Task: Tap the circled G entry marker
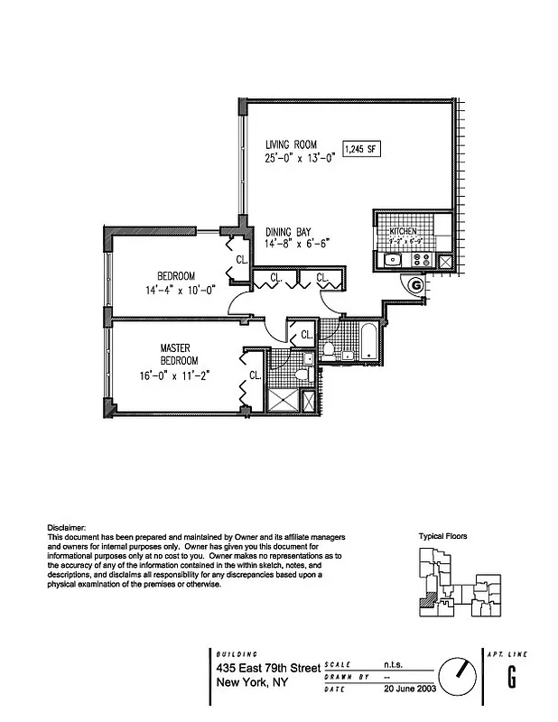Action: (x=414, y=285)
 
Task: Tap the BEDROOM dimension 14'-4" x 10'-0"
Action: (x=176, y=291)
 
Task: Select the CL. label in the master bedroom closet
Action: (x=254, y=375)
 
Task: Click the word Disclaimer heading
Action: (x=66, y=527)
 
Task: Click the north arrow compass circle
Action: (x=459, y=675)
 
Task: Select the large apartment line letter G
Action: (x=512, y=675)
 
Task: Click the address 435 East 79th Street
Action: (x=267, y=668)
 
